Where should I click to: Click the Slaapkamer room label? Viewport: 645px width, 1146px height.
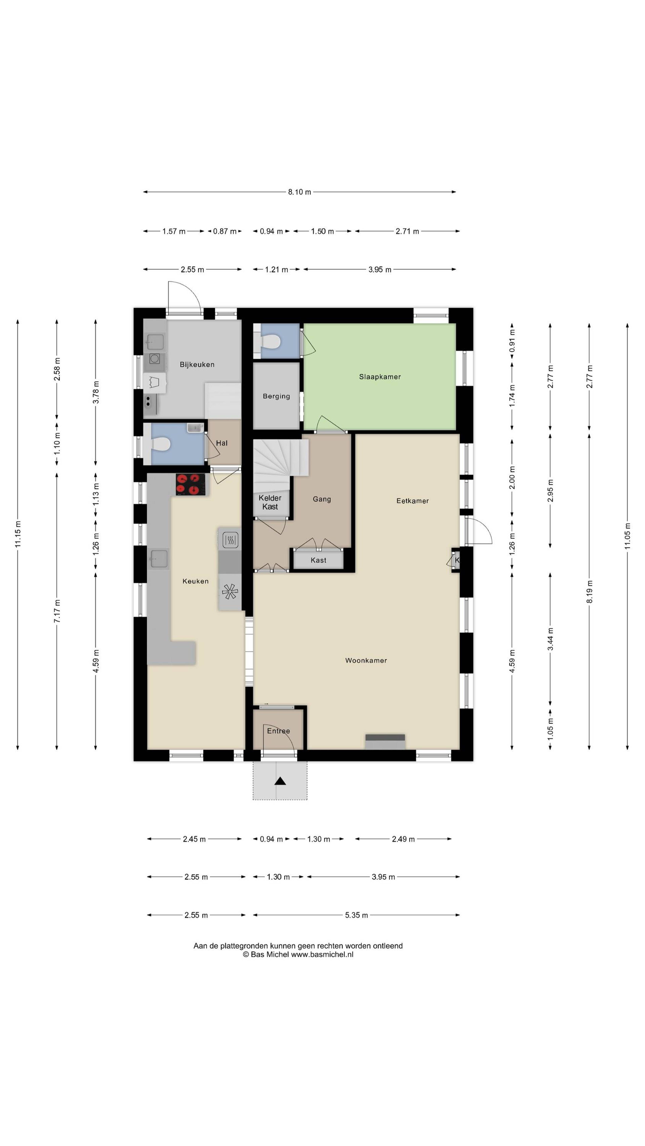point(380,377)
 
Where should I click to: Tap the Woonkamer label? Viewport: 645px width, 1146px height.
point(366,661)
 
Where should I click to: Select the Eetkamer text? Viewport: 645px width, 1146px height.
point(412,501)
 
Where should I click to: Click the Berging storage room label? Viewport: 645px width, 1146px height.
point(276,396)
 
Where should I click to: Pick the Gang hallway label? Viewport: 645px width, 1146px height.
point(322,499)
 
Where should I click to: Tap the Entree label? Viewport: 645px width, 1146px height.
point(278,731)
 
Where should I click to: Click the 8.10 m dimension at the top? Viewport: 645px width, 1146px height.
point(299,192)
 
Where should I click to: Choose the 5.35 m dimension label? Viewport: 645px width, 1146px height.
point(356,915)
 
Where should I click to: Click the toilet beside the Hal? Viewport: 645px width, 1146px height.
point(160,444)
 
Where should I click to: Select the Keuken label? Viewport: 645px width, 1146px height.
point(195,581)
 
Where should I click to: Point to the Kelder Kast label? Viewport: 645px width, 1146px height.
point(270,502)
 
